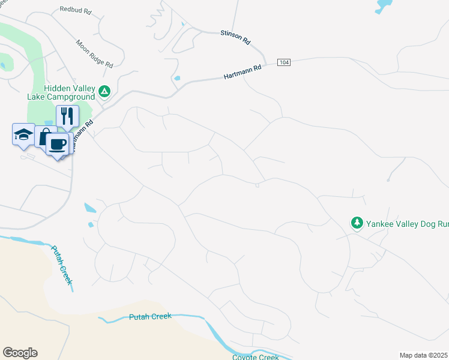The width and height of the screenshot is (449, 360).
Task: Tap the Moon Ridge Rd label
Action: [x=95, y=53]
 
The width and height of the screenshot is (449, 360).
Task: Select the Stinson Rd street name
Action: [x=235, y=37]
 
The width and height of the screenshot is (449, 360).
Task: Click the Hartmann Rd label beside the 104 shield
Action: [x=243, y=73]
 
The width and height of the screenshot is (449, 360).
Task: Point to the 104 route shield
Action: [x=284, y=62]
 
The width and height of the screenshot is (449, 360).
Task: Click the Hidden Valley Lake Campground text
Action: [x=61, y=92]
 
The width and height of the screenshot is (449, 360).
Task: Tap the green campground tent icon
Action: [x=104, y=91]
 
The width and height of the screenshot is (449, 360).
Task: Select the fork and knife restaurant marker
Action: [x=67, y=115]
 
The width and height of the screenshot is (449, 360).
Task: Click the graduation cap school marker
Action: [x=23, y=134]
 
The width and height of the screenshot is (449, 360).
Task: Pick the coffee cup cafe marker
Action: [x=58, y=144]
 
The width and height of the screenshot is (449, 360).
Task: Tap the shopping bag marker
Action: [x=44, y=137]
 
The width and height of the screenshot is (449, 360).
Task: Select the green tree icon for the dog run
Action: [x=357, y=223]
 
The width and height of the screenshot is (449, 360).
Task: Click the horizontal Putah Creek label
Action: [x=150, y=316]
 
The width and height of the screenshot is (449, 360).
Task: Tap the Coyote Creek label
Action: [x=255, y=357]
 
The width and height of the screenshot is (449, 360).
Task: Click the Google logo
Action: [x=20, y=353]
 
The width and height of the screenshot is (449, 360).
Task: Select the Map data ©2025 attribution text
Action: [x=424, y=355]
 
